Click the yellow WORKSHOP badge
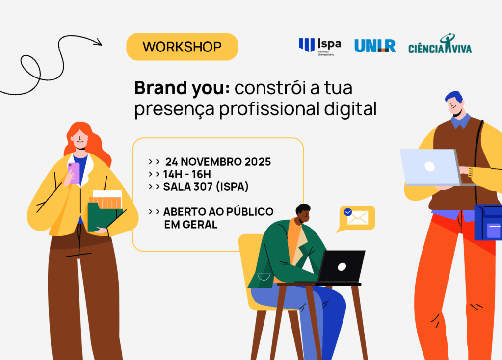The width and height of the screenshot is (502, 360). coord(182,47)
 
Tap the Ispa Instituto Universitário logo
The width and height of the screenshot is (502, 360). coord(319,46)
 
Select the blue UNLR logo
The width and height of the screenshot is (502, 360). coord(375,46)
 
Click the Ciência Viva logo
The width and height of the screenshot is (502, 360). coord(440,45)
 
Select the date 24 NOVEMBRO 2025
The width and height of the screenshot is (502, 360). coord(218,162)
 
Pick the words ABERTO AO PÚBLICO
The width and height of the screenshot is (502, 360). coord(218,212)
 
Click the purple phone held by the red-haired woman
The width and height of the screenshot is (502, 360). coord(74,173)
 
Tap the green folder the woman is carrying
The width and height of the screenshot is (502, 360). coord(104,216)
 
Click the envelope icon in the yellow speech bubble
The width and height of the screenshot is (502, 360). coord(357,218)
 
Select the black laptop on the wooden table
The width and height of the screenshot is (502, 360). coord(341,266)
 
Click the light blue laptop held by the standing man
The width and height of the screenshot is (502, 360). coord(429,167)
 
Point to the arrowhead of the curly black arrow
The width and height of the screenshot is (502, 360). coord(98,42)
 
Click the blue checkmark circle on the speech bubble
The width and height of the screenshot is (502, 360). coord(348,212)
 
